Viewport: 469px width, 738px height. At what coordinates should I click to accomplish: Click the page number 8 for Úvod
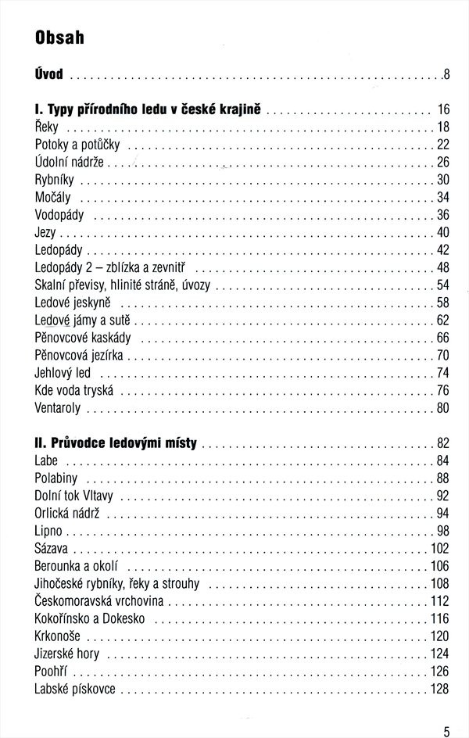coord(446,76)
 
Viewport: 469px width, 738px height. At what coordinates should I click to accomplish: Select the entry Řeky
coord(47,127)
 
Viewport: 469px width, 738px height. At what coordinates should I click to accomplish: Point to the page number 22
coord(442,145)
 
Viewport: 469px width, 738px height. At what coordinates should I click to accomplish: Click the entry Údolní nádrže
coord(70,163)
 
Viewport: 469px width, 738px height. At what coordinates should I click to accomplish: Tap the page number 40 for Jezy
coord(442,233)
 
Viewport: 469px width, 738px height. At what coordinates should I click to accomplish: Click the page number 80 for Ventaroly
coord(442,408)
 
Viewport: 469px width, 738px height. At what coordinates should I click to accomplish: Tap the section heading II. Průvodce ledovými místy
coord(116,443)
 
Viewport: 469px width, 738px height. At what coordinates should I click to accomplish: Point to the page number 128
coord(439,689)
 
